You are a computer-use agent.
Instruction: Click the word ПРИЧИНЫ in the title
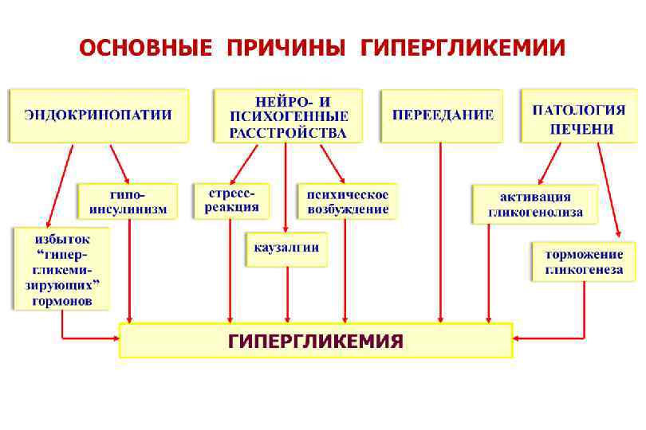coord(286,47)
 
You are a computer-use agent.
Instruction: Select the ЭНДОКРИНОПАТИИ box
coord(98,115)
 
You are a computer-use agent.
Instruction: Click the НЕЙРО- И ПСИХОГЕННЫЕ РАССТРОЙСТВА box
coord(288,116)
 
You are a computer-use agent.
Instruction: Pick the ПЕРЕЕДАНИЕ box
coord(442,115)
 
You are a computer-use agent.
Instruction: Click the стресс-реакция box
coord(231,201)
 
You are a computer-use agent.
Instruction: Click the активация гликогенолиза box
coord(534,205)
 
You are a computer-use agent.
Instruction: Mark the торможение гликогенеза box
coord(584,262)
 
